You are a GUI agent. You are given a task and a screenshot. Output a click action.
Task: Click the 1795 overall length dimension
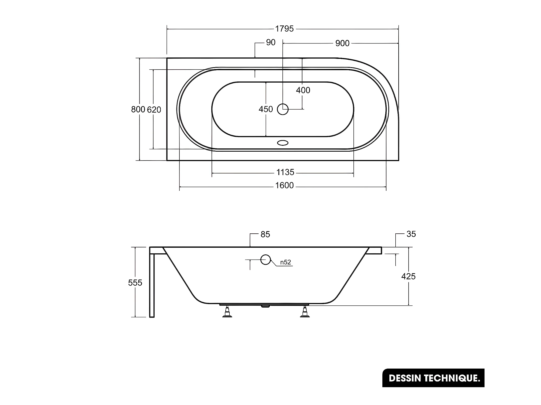click(284, 29)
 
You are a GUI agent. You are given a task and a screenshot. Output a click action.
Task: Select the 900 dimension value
click(342, 43)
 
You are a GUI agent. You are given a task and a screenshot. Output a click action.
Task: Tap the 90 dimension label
click(271, 42)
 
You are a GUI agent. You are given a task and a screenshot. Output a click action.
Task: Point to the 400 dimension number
click(303, 90)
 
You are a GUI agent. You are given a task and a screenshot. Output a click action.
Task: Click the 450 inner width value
click(266, 109)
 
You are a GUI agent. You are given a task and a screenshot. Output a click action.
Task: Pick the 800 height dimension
click(138, 109)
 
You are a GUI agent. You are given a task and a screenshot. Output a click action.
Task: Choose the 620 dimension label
click(154, 110)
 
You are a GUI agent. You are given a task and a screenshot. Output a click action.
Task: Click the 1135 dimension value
click(285, 172)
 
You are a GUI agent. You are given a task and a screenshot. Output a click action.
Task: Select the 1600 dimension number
click(284, 185)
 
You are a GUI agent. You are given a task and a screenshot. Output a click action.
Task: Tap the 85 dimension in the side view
click(265, 234)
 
